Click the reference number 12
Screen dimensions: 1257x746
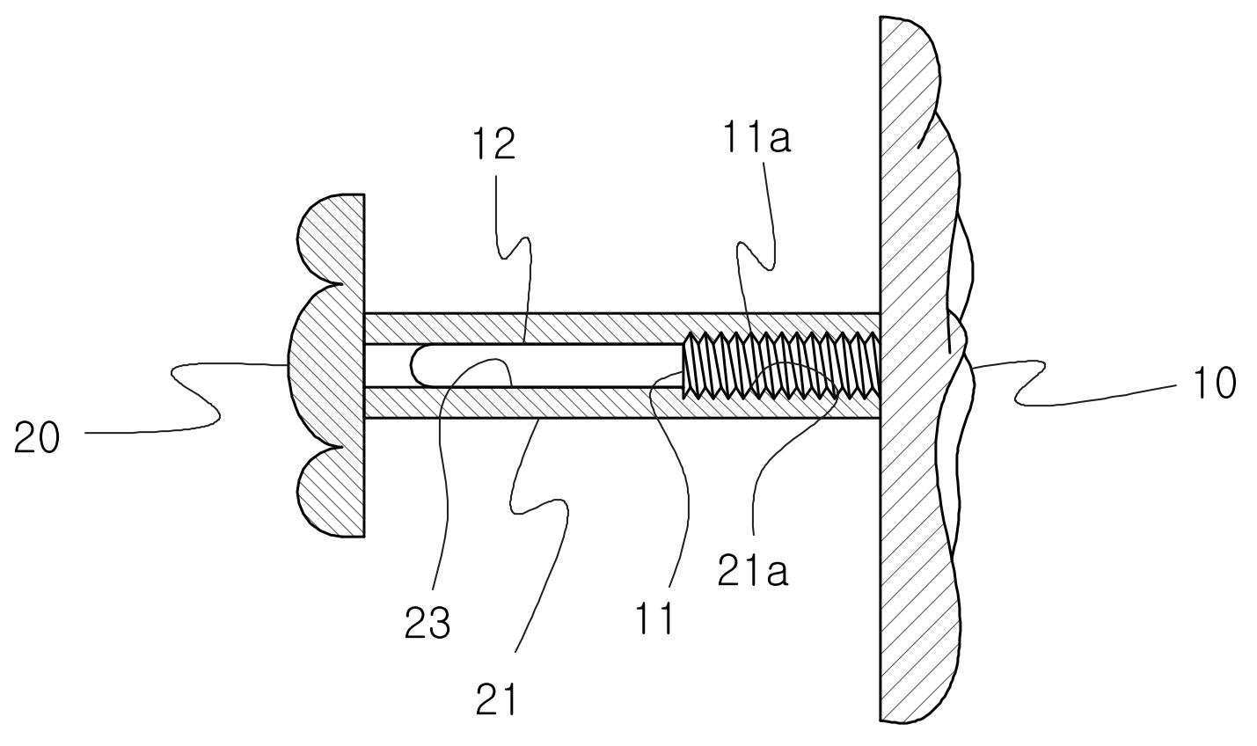tap(494, 144)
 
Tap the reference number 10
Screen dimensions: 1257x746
tap(1213, 383)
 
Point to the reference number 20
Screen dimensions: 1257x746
tap(36, 438)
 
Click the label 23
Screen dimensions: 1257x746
tap(427, 622)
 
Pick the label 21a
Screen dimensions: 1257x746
tap(752, 569)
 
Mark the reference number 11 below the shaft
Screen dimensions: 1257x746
tap(654, 618)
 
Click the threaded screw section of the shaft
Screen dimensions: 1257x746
tap(780, 365)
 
